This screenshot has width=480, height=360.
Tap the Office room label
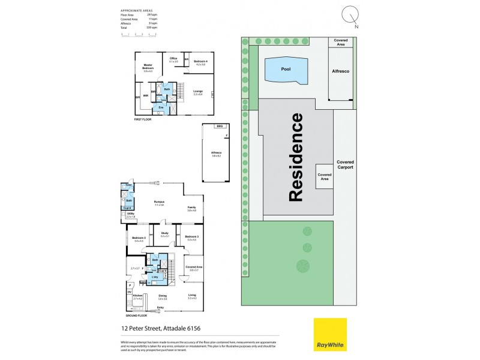pyautogui.click(x=173, y=60)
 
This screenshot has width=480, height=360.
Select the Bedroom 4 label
pyautogui.click(x=200, y=62)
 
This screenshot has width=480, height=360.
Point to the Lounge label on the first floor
pyautogui.click(x=197, y=92)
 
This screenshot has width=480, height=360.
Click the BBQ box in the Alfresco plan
pyautogui.click(x=220, y=127)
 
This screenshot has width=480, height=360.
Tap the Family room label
pyautogui.click(x=192, y=209)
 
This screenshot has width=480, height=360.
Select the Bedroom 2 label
pyautogui.click(x=139, y=239)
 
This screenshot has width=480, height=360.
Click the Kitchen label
pyautogui.click(x=137, y=296)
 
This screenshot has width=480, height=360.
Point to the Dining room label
pyautogui.click(x=162, y=296)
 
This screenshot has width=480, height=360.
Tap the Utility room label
pyautogui.click(x=130, y=215)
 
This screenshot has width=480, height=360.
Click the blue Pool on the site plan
pyautogui.click(x=286, y=69)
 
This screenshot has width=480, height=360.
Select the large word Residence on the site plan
pyautogui.click(x=296, y=157)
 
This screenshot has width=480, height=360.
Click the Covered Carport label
pyautogui.click(x=345, y=164)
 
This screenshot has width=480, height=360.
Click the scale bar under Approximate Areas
pyautogui.click(x=139, y=34)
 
